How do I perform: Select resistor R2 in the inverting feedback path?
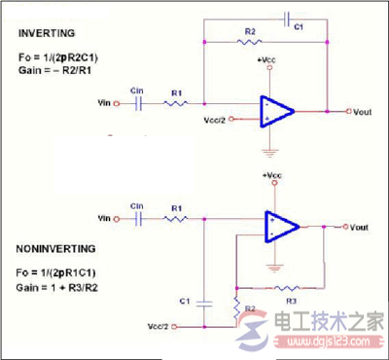point(251,42)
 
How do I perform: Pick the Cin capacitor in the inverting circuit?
point(138,100)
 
